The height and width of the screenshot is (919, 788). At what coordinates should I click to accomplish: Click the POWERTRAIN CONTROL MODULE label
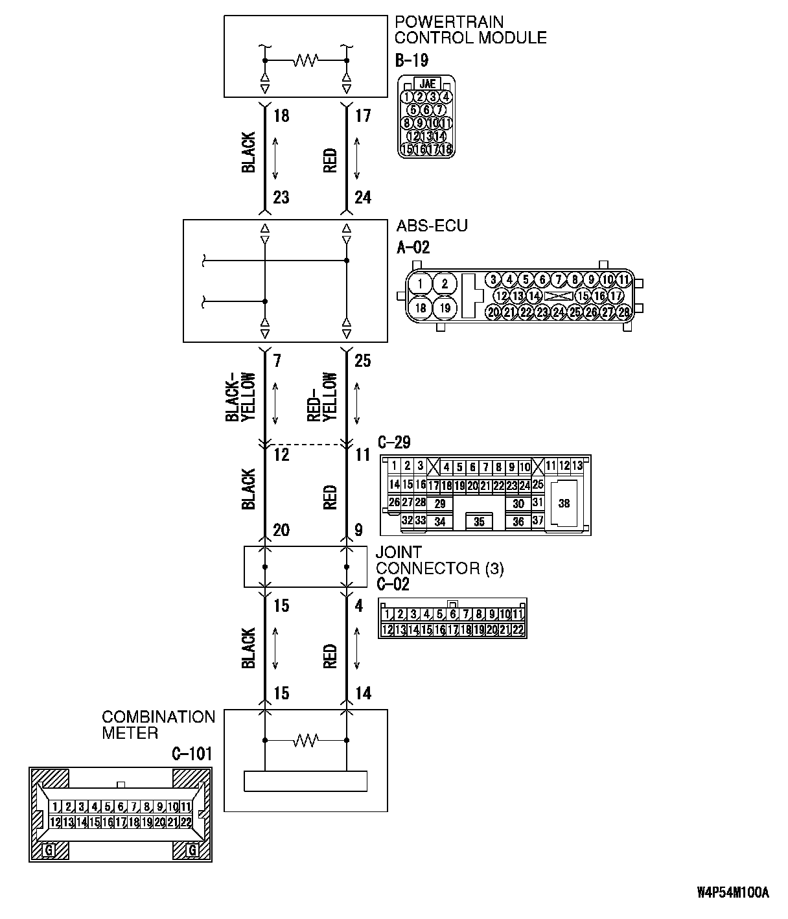(470, 30)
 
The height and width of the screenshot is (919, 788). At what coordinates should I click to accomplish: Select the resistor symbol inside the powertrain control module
(305, 60)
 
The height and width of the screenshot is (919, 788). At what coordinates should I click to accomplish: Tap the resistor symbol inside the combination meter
(305, 739)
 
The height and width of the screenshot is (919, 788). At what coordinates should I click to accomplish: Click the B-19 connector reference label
(411, 60)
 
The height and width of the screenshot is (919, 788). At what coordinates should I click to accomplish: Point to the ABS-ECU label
(432, 226)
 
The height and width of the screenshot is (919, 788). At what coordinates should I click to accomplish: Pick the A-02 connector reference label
(413, 247)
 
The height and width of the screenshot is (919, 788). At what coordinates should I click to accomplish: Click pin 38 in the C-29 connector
(564, 503)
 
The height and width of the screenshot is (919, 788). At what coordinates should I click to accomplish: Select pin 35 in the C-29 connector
(479, 522)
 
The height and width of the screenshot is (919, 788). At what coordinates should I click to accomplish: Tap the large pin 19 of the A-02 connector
(445, 308)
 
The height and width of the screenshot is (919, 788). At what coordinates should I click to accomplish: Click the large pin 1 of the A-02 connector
(421, 284)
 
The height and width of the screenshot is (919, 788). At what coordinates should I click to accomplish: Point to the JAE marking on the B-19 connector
(427, 84)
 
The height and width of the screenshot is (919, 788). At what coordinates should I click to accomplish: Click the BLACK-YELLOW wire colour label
(242, 397)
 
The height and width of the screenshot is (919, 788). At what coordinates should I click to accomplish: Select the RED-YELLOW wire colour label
(323, 397)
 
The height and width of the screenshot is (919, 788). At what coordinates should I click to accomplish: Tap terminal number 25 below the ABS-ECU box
(363, 361)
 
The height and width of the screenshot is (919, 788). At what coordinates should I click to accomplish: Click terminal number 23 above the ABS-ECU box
(281, 198)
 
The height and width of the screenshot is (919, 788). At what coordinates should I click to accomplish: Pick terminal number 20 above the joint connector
(281, 531)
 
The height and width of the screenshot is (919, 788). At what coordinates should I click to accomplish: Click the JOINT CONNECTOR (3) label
(439, 561)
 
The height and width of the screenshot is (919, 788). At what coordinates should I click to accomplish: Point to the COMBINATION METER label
(158, 725)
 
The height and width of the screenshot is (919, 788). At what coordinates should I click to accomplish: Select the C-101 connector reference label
(191, 754)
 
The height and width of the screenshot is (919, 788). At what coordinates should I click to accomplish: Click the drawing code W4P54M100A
(732, 893)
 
